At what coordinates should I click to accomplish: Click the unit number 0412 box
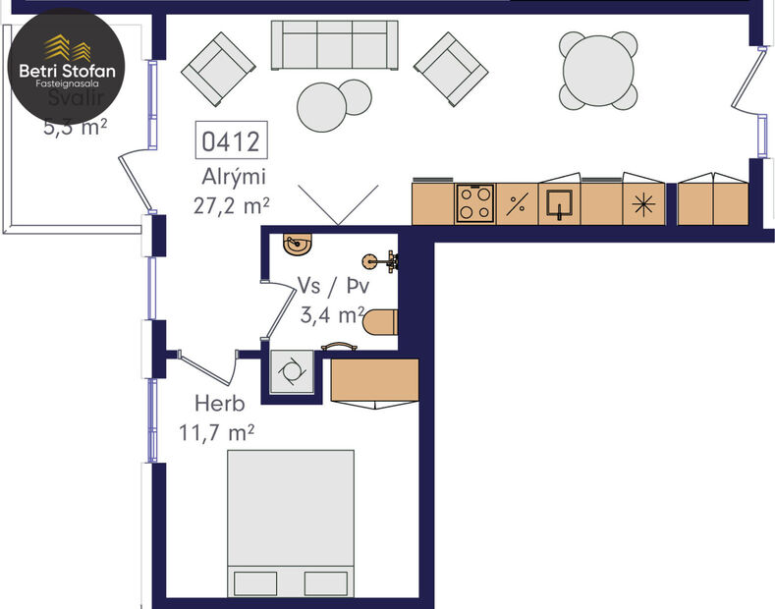pos(231,141)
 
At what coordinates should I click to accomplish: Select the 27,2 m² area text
pos(233,205)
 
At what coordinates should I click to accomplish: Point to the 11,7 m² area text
pos(217,431)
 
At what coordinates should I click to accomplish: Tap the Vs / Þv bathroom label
pos(331,287)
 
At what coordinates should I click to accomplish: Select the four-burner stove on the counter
pos(476,204)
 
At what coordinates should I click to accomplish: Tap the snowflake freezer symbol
pos(643,205)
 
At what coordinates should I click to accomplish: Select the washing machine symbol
pos(293,371)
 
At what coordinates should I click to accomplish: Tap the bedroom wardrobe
pos(374,380)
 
